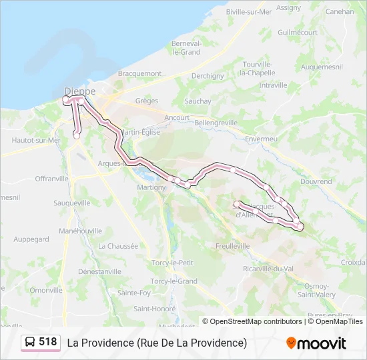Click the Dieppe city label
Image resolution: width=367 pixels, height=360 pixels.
point(80,91)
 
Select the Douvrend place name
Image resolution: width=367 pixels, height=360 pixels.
point(316,181)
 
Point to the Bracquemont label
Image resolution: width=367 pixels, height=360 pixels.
point(139,73)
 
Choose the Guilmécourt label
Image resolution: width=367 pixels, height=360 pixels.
point(298,32)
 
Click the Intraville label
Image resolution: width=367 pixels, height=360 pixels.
point(273,85)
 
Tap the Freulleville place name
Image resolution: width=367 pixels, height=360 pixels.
point(232,245)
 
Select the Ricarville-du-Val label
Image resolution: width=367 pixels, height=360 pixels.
point(268,269)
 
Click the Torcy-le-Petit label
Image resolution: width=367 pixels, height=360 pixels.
point(172,263)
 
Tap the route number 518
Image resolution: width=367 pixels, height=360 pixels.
point(48,342)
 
